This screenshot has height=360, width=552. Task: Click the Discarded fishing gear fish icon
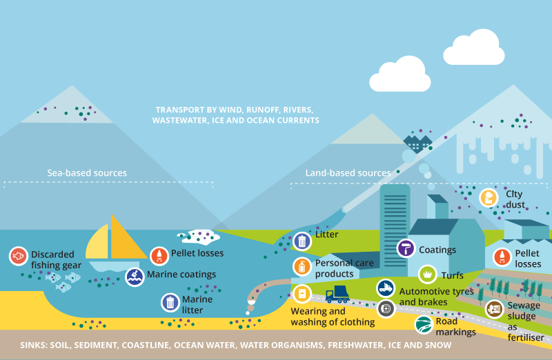19,257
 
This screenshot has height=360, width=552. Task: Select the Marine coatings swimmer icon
135,277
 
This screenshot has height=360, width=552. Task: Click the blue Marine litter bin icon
170,302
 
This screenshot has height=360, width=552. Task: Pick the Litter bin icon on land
302,241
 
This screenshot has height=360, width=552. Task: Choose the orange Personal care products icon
302,266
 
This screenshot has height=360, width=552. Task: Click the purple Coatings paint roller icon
406,249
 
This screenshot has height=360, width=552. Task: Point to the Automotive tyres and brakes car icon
386,288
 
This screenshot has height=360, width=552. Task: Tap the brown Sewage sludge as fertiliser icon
493,309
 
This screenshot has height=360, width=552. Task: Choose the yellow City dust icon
489,198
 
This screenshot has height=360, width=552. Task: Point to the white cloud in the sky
400,72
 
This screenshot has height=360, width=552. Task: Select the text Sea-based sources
87,173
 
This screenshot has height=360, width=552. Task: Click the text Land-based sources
348,173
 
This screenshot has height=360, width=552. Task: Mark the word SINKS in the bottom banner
34,345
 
